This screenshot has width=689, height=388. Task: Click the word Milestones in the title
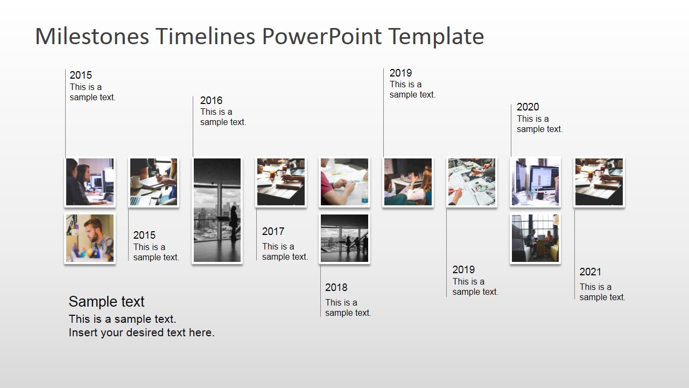pos(91,37)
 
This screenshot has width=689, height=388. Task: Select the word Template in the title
pos(436,37)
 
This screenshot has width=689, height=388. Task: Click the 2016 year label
pos(211,100)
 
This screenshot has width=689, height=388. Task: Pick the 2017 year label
pos(273,231)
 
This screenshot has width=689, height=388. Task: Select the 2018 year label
pos(336,287)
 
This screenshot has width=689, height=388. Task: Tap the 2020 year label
pos(528,107)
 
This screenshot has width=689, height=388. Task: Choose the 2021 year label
pos(590,272)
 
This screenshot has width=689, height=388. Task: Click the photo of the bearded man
pos(90,238)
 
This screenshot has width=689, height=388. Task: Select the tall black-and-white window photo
pos(217,210)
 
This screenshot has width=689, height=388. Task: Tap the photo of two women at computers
pos(90,182)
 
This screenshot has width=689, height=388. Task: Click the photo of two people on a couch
pos(535,238)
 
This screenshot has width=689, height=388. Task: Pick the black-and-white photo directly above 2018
pos(344,238)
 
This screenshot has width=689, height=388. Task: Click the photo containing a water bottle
pos(344,182)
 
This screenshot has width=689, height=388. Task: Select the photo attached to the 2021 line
pos(599,182)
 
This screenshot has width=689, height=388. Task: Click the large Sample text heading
pos(107,302)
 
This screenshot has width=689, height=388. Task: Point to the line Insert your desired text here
pos(142,332)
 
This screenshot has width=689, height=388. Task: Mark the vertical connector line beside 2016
pos(193,127)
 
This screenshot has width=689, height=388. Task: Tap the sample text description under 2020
pos(539,124)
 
